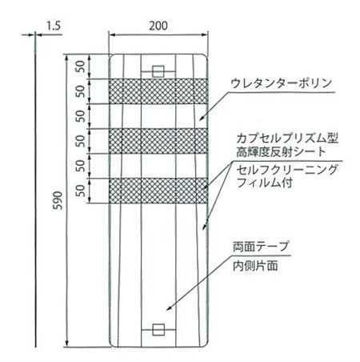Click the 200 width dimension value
point(158,26)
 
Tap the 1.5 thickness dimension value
point(54,26)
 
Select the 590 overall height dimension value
point(58,200)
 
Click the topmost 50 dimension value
point(80,66)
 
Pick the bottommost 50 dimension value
point(80,191)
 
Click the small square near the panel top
point(158,71)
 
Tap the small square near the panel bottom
point(158,330)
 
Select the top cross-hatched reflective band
point(158,91)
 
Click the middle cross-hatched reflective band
point(158,141)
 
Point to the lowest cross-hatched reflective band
point(158,191)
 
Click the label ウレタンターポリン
point(281,83)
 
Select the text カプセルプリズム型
point(287,139)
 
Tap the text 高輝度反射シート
point(282,152)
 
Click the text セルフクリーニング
point(287,169)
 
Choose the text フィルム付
point(265,183)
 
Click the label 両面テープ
point(261,247)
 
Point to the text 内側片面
point(255,265)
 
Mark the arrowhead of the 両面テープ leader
point(168,309)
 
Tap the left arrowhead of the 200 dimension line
point(112,34)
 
